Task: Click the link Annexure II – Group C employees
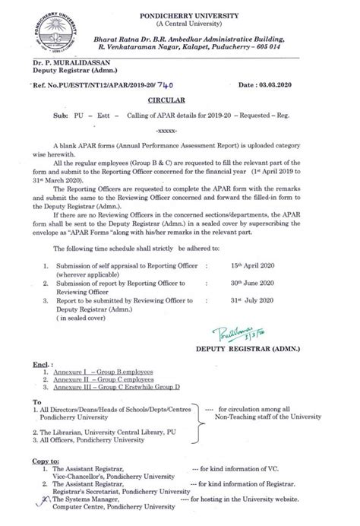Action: click(104, 379)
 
